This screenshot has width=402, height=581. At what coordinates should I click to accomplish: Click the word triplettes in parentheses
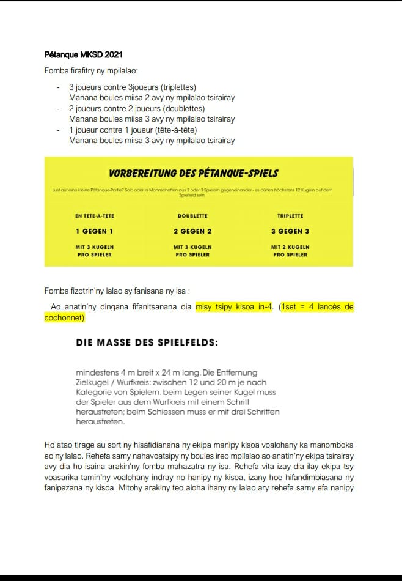[x=175, y=87]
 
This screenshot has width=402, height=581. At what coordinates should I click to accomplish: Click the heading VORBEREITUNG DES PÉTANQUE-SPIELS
[x=199, y=174]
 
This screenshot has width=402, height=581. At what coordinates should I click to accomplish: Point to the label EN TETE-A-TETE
[x=95, y=216]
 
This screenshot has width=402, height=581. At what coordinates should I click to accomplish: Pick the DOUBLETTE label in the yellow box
[x=192, y=216]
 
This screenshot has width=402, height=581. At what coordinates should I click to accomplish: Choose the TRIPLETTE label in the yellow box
[x=290, y=216]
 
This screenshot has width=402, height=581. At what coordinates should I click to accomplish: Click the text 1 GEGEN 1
[x=95, y=232]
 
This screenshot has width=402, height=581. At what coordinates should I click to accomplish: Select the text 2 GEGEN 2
[x=192, y=232]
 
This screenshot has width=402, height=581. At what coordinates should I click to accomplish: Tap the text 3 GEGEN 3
[x=290, y=232]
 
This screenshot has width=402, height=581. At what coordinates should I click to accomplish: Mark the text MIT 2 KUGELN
[x=290, y=247]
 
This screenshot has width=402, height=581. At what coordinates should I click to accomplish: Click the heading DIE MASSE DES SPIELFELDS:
[x=147, y=343]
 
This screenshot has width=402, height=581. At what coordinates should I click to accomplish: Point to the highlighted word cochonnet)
[x=64, y=318]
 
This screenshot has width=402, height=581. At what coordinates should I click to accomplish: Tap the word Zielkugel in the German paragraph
[x=92, y=382]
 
